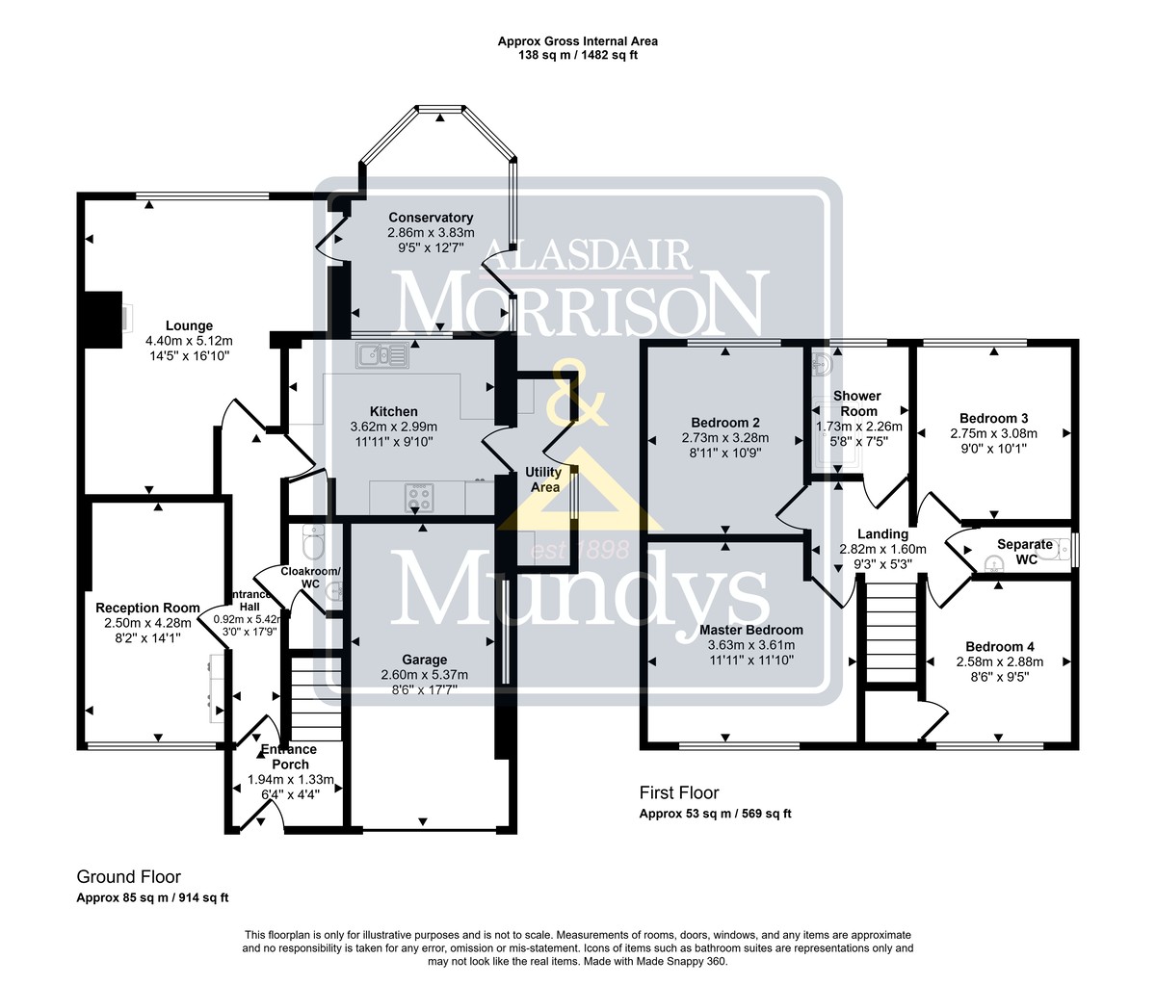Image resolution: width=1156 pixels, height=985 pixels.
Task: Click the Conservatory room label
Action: (431, 218)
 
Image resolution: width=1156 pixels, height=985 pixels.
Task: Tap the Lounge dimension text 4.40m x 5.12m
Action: (189, 341)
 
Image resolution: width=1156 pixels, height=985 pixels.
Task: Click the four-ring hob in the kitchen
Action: (419, 498)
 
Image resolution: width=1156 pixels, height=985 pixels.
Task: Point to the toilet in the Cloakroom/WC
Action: (313, 541)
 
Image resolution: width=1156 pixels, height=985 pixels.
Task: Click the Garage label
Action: (425, 660)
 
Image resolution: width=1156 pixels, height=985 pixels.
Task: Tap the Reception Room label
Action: (147, 608)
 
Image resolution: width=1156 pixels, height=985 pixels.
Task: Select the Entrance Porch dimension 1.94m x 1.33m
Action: (291, 779)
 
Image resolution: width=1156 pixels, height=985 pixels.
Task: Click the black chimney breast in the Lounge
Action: (103, 320)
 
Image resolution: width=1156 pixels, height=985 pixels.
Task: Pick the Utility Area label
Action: (543, 480)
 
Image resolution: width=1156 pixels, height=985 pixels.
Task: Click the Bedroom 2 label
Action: (725, 423)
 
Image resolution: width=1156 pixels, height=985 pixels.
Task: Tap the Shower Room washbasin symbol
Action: (821, 364)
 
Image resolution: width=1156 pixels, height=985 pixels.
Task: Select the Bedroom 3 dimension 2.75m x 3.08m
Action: (994, 433)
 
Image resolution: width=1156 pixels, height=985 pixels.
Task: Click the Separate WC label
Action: (1025, 552)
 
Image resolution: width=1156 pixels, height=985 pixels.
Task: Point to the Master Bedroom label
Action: (751, 630)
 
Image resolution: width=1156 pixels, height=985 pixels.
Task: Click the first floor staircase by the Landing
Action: (891, 633)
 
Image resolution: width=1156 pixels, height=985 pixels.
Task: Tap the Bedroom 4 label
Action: (1000, 647)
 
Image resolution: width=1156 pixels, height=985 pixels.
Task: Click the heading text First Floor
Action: (679, 792)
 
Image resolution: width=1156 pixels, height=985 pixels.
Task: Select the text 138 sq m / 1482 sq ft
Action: (578, 55)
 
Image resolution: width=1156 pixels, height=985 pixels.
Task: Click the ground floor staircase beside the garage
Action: (316, 699)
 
